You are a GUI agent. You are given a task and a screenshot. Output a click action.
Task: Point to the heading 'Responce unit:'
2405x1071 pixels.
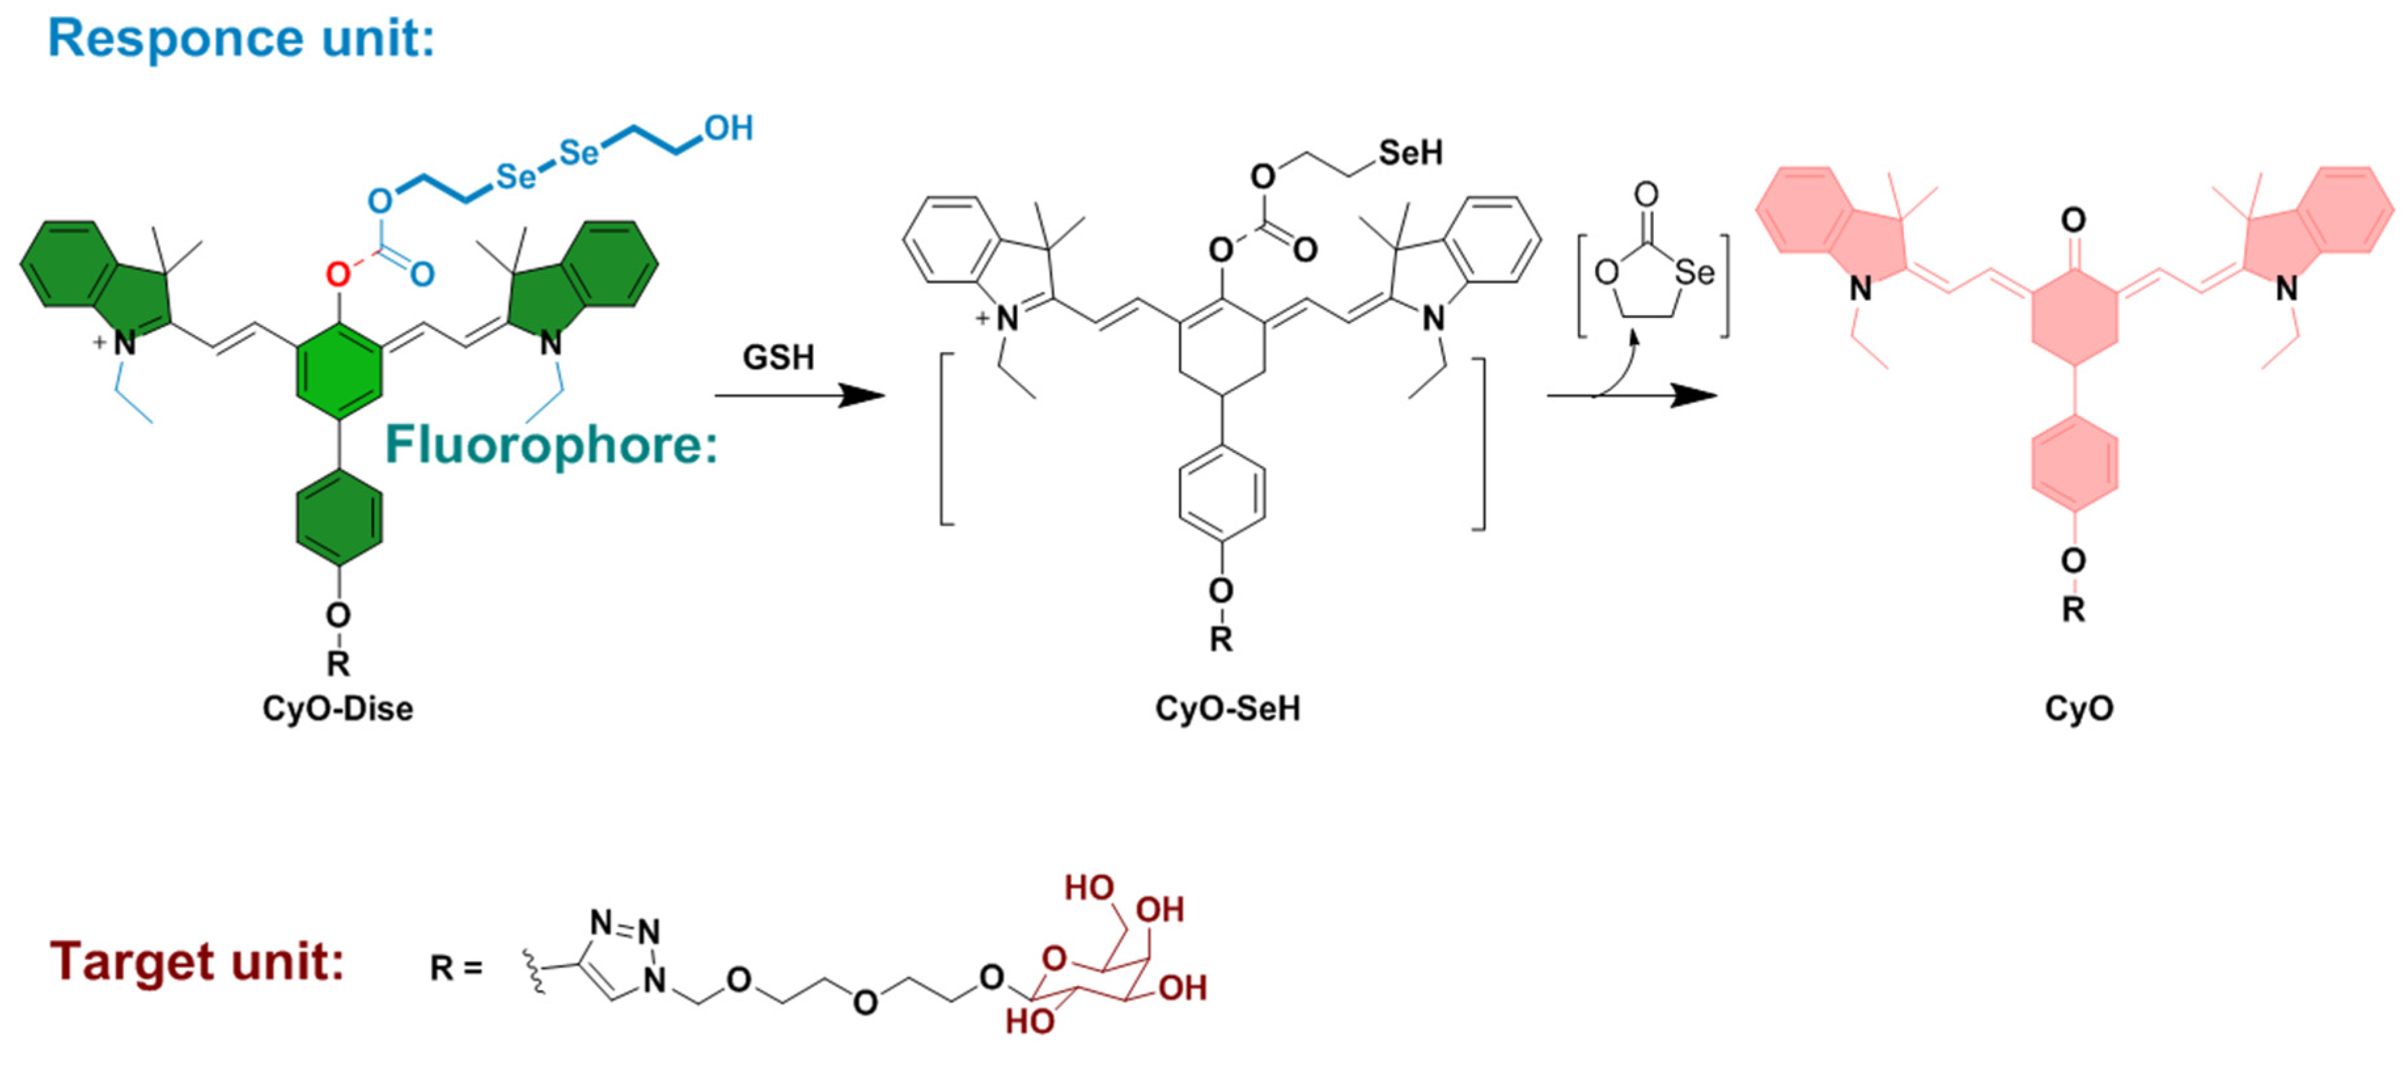[x=241, y=39]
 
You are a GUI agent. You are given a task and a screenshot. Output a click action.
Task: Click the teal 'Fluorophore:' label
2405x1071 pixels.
[x=552, y=446]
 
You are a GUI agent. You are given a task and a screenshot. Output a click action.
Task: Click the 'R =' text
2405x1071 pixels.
[x=455, y=968]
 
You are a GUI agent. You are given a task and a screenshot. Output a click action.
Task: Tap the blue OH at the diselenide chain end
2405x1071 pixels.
[x=728, y=129]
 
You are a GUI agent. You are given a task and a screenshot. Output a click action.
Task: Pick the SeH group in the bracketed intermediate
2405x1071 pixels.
[x=1410, y=153]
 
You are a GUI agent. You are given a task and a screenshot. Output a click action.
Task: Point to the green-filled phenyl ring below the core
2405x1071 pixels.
[x=338, y=518]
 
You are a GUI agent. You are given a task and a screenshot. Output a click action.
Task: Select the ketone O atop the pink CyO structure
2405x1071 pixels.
[x=2073, y=220]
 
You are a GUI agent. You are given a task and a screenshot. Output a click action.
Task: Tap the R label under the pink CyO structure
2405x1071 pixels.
[x=2073, y=610]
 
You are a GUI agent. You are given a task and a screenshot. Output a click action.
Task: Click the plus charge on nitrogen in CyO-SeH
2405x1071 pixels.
[x=982, y=319]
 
